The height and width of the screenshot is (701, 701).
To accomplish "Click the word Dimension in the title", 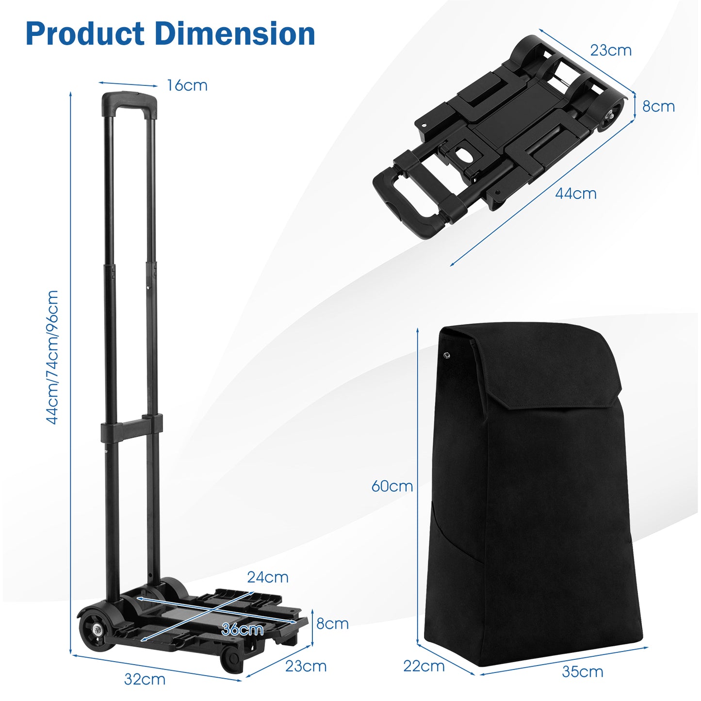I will [x=235, y=34].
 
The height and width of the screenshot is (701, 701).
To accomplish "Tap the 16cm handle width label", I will [x=187, y=85].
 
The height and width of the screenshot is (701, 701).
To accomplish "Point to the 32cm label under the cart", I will [x=145, y=679].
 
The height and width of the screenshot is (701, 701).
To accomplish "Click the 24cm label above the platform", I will [x=268, y=577].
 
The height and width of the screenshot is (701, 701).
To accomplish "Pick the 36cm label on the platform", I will [x=242, y=630].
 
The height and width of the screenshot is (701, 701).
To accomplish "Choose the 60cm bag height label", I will [x=392, y=486].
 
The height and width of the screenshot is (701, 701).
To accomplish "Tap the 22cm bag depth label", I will [x=424, y=666].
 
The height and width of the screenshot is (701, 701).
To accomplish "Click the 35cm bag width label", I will [x=582, y=672].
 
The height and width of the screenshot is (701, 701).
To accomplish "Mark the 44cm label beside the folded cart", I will [x=576, y=194].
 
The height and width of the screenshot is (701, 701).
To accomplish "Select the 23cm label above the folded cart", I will [x=611, y=50].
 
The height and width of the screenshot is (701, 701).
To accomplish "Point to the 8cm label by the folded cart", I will [x=658, y=107].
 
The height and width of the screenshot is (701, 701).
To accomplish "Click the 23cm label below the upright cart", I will [x=306, y=666].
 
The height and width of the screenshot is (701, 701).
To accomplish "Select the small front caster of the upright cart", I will [x=231, y=661].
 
